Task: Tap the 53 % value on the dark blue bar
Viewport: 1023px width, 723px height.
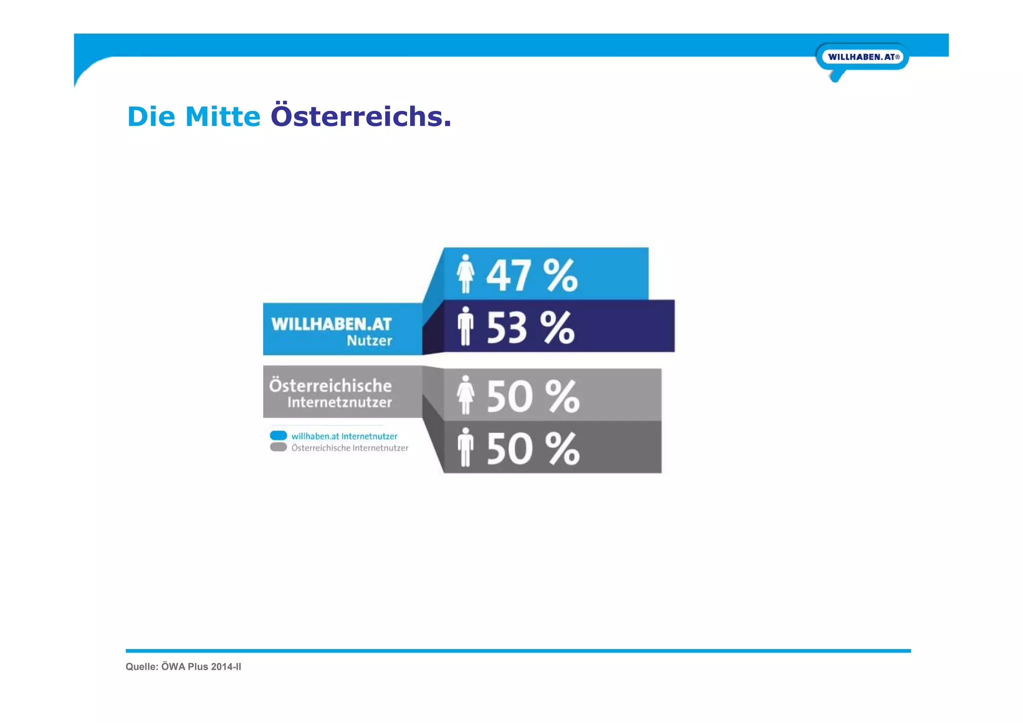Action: point(530,328)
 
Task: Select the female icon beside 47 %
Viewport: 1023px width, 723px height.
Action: point(465,274)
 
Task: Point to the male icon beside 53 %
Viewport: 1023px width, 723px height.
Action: point(465,326)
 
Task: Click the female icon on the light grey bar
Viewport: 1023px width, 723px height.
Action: point(465,395)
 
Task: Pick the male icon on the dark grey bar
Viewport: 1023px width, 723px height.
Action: point(465,447)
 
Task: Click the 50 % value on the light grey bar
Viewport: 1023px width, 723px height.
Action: point(532,397)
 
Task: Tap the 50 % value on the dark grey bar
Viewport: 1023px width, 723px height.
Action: point(532,449)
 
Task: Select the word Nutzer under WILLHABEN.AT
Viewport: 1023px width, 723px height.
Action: point(369,341)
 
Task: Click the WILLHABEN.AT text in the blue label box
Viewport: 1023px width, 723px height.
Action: point(331,324)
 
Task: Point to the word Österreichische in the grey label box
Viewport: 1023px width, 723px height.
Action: point(330,386)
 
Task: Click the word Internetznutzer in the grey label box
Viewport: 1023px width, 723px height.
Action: point(339,402)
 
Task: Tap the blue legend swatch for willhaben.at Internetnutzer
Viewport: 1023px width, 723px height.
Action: point(278,435)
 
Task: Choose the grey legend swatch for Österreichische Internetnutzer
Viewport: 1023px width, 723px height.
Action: point(278,447)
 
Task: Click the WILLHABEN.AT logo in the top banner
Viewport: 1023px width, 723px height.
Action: point(862,57)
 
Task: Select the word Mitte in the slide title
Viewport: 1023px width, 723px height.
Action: point(223,116)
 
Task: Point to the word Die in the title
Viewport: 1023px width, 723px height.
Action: point(151,116)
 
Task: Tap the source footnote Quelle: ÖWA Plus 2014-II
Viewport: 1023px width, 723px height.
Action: point(183,667)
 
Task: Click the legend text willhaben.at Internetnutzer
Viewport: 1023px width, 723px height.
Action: point(344,436)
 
